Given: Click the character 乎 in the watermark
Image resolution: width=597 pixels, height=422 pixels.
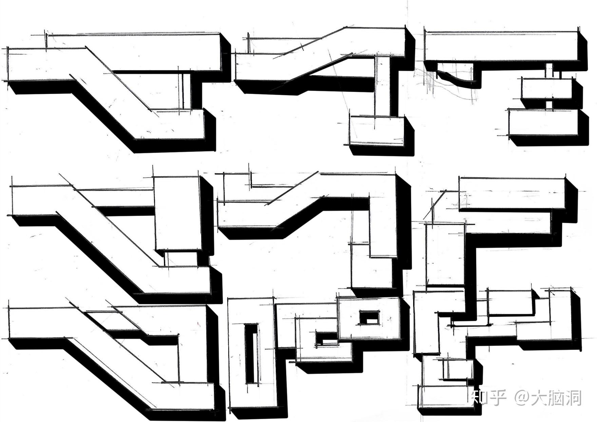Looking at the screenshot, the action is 498,398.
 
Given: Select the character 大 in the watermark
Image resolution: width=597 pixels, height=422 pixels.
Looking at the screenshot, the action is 539,398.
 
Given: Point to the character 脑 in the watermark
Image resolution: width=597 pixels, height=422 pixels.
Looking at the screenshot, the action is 556,398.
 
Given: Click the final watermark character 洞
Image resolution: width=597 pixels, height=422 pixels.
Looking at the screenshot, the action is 573,398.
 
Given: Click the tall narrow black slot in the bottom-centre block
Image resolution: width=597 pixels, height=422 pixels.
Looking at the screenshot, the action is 251,354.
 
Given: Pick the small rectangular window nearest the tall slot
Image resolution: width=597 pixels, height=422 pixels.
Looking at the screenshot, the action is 326,338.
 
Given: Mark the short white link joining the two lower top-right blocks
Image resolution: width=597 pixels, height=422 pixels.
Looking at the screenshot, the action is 549,104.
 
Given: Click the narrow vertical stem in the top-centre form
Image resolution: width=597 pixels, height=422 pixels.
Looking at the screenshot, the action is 383,87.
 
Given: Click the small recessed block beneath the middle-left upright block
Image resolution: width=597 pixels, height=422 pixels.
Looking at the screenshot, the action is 181,259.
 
